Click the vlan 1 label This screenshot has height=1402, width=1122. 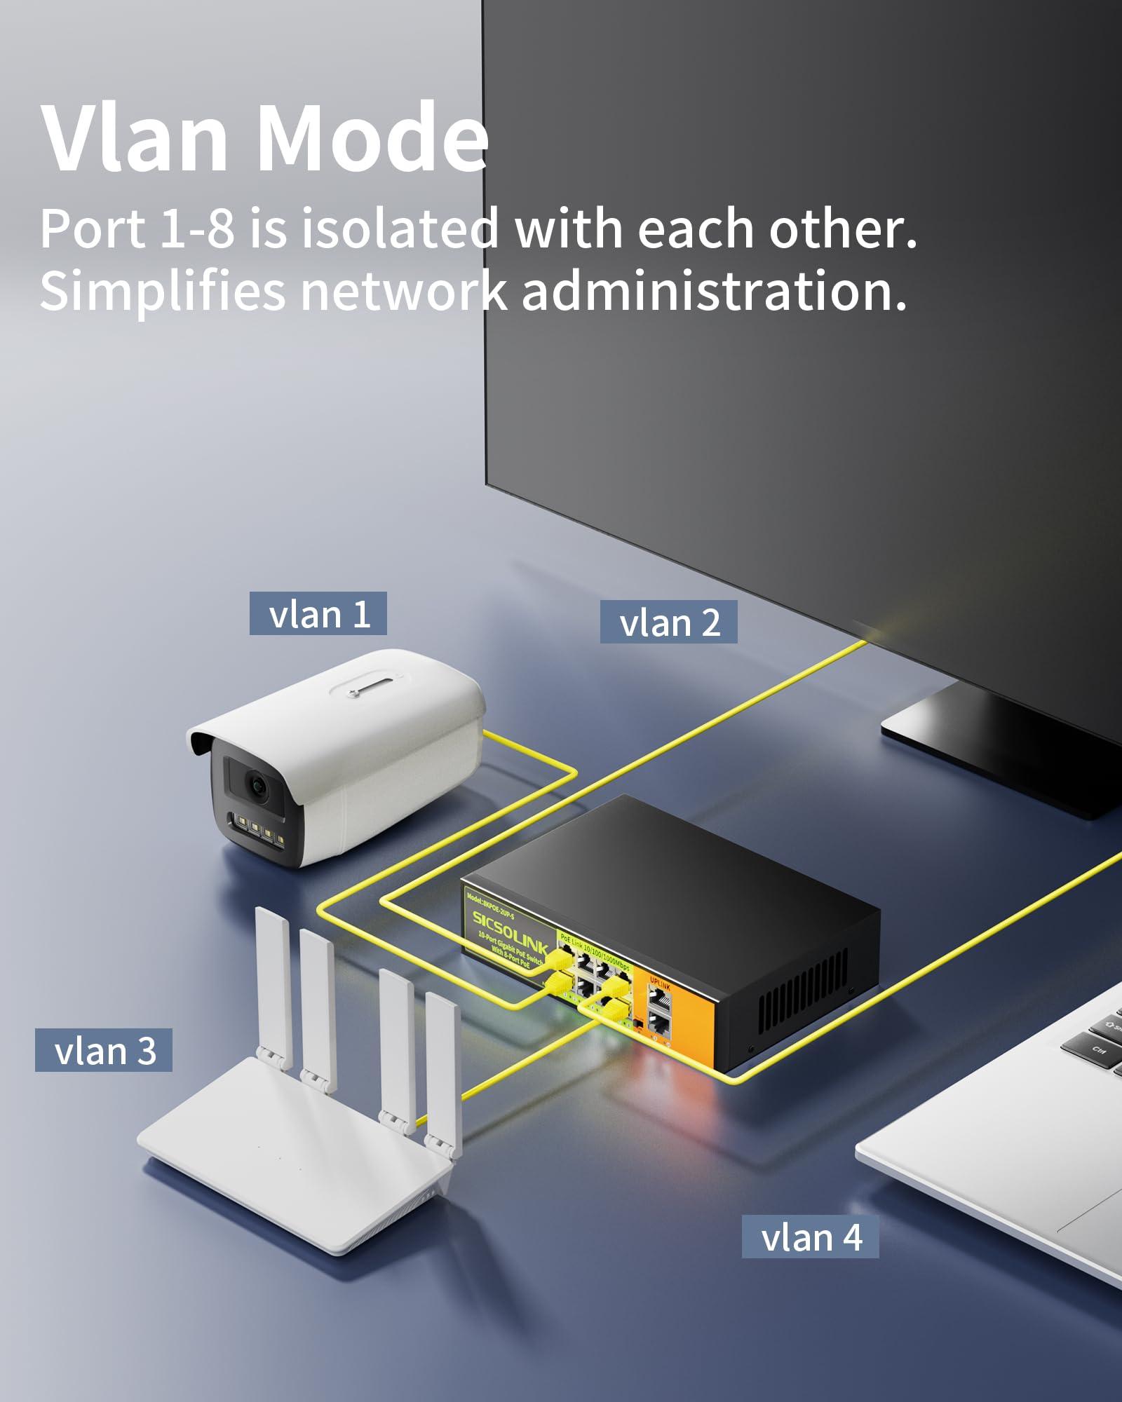(318, 614)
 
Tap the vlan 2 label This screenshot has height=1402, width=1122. (668, 622)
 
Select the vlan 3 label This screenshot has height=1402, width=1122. (104, 1051)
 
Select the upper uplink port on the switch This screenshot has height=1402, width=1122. (660, 999)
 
